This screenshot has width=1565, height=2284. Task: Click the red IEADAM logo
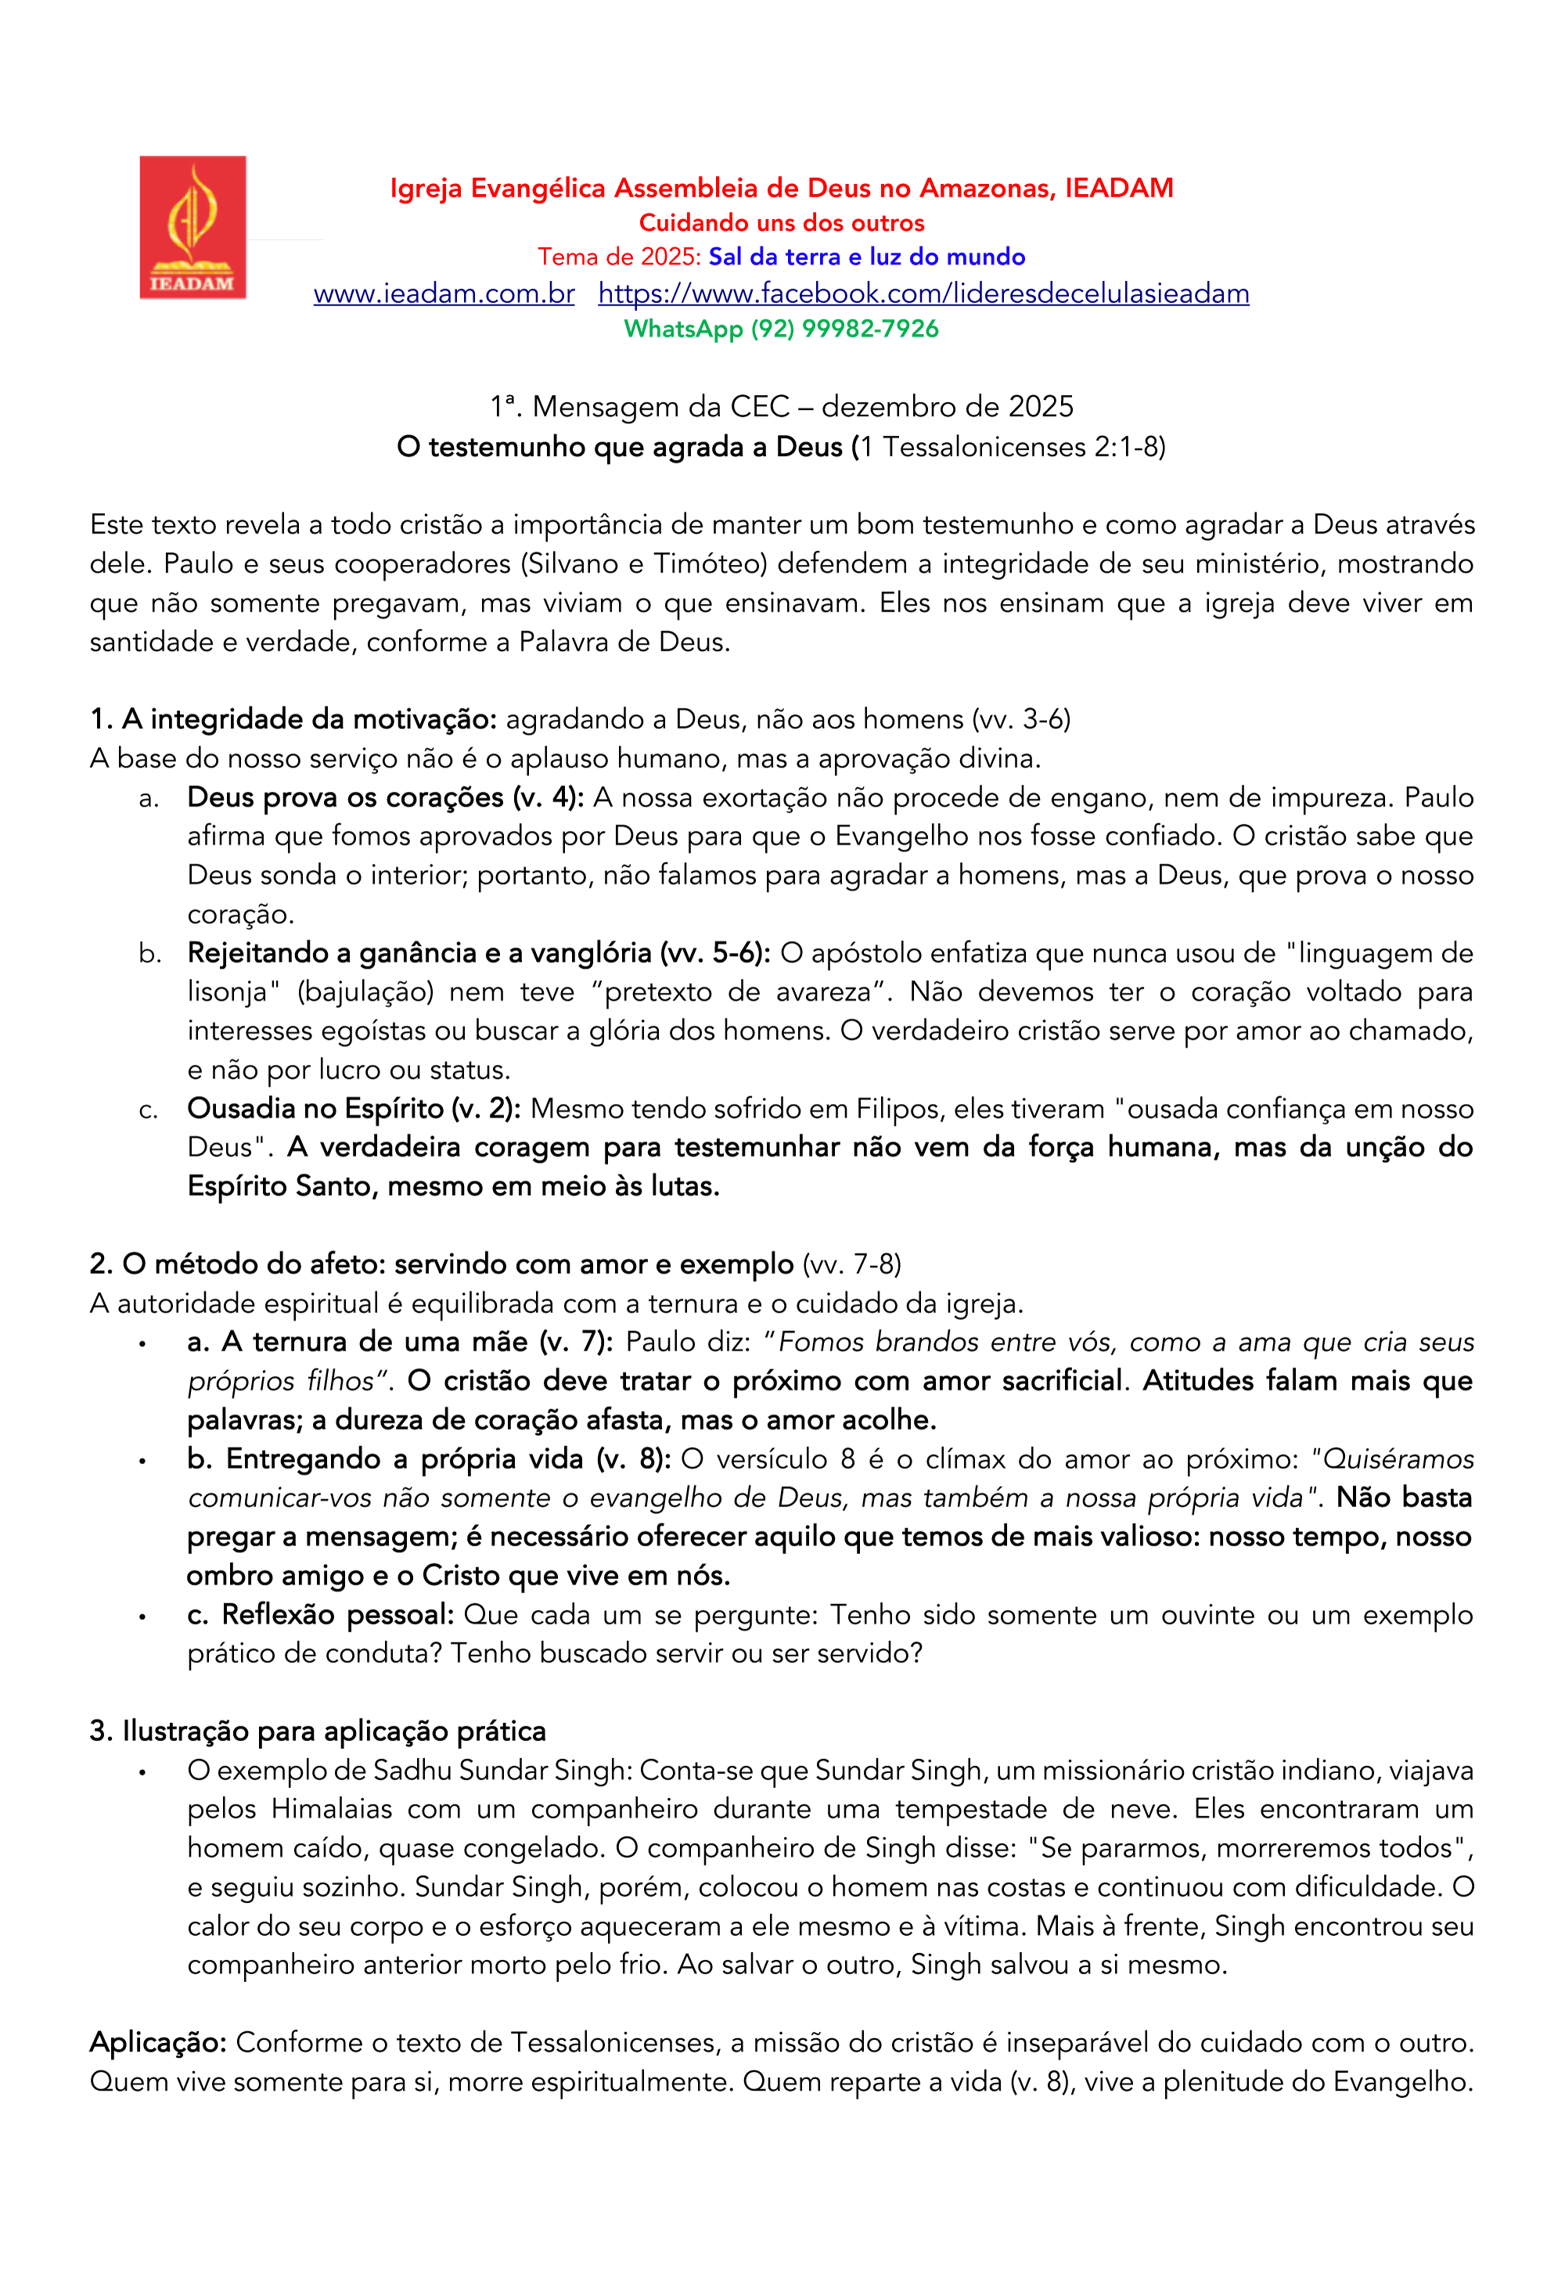192,227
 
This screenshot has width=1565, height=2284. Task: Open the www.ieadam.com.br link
444,294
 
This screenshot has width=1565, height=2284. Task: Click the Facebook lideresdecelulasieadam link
923,294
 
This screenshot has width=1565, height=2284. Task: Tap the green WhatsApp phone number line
782,329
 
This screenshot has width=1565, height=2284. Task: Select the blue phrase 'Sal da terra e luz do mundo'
866,257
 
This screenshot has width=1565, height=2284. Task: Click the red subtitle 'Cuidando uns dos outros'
782,223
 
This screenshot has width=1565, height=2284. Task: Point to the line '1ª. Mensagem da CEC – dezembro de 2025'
782,407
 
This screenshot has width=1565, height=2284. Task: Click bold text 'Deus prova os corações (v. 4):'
385,797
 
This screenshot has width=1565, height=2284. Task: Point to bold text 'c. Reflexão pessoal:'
319,1615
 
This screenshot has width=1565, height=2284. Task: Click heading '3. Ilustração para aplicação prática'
318,1732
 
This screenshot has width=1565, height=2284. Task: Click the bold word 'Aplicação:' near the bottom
158,2042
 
